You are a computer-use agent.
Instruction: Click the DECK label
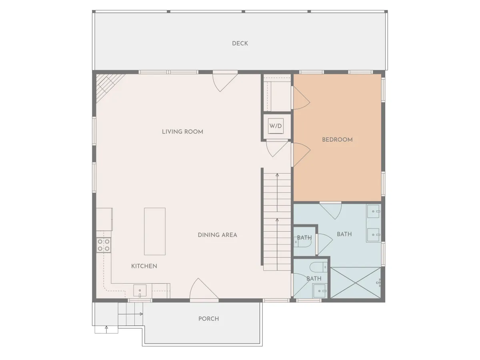[x=240, y=43]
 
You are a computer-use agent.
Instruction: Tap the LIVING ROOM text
[x=182, y=132]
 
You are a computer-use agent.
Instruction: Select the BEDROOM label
[x=337, y=140]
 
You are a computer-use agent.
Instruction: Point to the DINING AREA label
[x=217, y=235]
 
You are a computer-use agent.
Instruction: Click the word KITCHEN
[x=144, y=266]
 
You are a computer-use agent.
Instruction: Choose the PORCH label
[x=209, y=319]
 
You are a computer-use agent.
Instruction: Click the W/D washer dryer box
[x=276, y=126]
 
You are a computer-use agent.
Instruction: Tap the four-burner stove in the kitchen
[x=104, y=245]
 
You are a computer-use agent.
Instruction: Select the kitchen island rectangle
[x=155, y=231]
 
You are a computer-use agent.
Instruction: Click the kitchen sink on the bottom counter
[x=140, y=291]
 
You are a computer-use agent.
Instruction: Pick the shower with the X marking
[x=356, y=283]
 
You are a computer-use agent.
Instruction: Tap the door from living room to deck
[x=225, y=81]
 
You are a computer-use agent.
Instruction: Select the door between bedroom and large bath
[x=330, y=211]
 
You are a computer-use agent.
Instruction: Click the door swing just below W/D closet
[x=277, y=149]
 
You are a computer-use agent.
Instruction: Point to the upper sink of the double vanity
[x=374, y=211]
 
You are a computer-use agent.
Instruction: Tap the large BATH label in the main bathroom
[x=344, y=234]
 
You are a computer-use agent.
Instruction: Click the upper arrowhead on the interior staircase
[x=277, y=175]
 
